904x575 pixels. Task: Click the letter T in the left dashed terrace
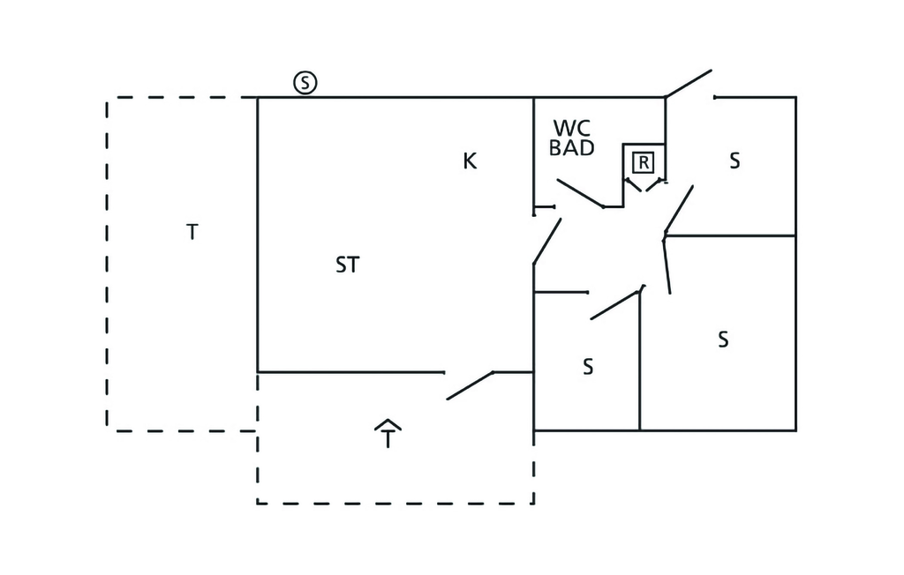pyautogui.click(x=192, y=232)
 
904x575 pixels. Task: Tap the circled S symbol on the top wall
pyautogui.click(x=305, y=84)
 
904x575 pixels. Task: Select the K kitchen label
pyautogui.click(x=470, y=161)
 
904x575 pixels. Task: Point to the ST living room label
pyautogui.click(x=348, y=265)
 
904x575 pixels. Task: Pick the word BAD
pyautogui.click(x=572, y=148)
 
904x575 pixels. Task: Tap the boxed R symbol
pyautogui.click(x=644, y=162)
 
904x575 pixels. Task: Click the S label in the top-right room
pyautogui.click(x=734, y=161)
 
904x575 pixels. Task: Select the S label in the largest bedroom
pyautogui.click(x=723, y=340)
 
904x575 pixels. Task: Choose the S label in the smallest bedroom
pyautogui.click(x=588, y=367)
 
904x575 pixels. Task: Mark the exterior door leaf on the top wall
pyautogui.click(x=689, y=83)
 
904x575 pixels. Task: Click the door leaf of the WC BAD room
pyautogui.click(x=580, y=193)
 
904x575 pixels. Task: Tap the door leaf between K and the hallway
pyautogui.click(x=547, y=241)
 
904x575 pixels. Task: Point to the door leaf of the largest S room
pyautogui.click(x=667, y=265)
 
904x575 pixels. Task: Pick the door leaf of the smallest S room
pyautogui.click(x=615, y=304)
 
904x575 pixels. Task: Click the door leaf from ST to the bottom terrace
pyautogui.click(x=470, y=386)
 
